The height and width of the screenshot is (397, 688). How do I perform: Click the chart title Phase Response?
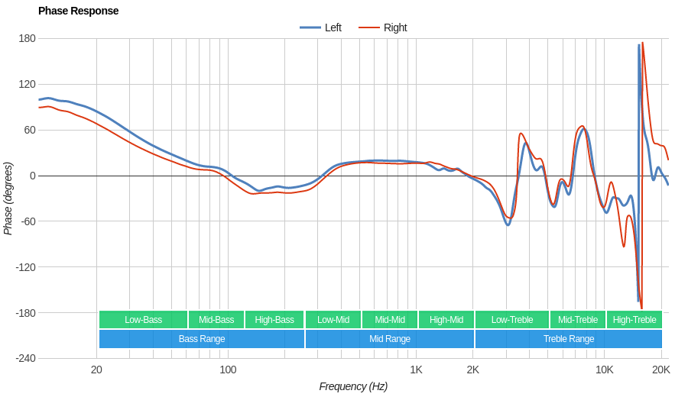[x=78, y=11]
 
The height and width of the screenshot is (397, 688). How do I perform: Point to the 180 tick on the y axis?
[x=27, y=38]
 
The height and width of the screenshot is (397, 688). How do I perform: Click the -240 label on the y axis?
[x=25, y=358]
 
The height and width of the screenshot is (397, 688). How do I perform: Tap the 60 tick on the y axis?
[x=30, y=130]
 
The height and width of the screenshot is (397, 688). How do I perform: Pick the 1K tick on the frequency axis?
[x=416, y=370]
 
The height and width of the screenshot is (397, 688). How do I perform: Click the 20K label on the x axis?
[x=661, y=370]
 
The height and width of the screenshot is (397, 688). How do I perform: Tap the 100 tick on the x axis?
[x=228, y=370]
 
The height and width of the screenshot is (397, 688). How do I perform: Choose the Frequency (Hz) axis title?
[x=353, y=386]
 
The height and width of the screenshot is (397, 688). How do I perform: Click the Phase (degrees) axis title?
[x=8, y=198]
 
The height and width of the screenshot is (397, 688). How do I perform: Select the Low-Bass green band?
[x=143, y=320]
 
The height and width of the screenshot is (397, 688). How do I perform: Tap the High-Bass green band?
[x=274, y=320]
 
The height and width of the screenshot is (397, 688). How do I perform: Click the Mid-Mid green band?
[x=390, y=320]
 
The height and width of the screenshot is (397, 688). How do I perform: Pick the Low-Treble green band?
[x=512, y=320]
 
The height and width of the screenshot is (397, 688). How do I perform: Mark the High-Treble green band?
[x=634, y=320]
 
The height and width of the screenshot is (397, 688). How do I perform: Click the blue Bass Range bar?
[x=202, y=339]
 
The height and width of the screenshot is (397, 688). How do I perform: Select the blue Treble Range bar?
[x=569, y=339]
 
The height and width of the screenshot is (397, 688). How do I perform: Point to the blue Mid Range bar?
[x=390, y=339]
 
